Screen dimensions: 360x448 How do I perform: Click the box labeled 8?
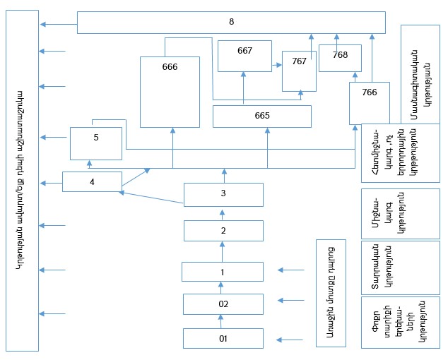pyautogui.click(x=231, y=22)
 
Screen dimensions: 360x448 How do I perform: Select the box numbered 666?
pyautogui.click(x=170, y=91)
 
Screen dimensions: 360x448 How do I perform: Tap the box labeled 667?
pyautogui.click(x=244, y=56)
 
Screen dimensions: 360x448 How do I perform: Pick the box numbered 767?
pyautogui.click(x=299, y=71)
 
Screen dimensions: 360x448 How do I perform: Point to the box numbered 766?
pyautogui.click(x=369, y=102)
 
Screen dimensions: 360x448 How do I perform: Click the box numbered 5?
pyautogui.click(x=95, y=143)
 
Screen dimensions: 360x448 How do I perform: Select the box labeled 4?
pyautogui.click(x=92, y=181)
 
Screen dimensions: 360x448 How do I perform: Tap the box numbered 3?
pyautogui.click(x=223, y=193)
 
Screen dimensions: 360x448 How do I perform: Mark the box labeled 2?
pyautogui.click(x=223, y=230)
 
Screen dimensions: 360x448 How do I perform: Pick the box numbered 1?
pyautogui.click(x=223, y=271)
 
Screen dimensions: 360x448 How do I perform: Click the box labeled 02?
pyautogui.click(x=223, y=304)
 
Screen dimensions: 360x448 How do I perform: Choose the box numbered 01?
pyautogui.click(x=223, y=338)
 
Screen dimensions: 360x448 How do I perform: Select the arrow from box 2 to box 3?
pyautogui.click(x=223, y=212)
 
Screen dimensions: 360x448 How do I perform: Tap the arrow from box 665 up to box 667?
pyautogui.click(x=243, y=88)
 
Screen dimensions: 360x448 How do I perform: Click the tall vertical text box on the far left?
pyautogui.click(x=21, y=181)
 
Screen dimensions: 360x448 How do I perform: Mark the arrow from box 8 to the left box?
pyautogui.click(x=59, y=25)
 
